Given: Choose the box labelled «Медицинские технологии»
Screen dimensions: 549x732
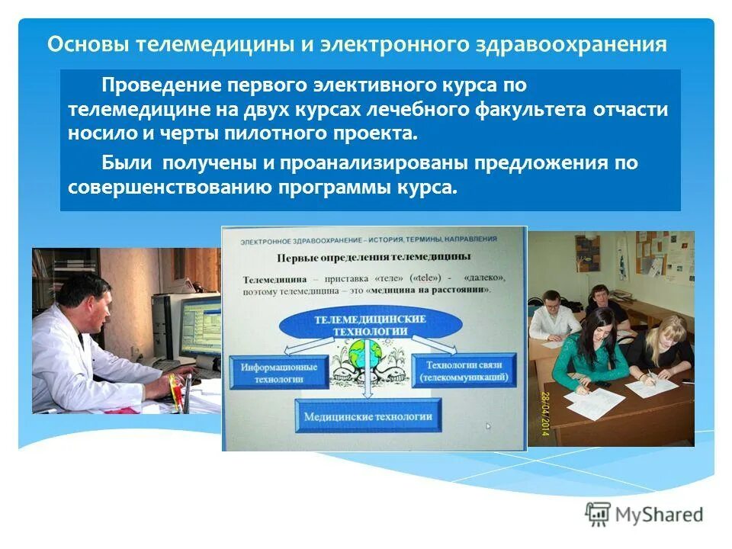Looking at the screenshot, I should [x=368, y=416].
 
